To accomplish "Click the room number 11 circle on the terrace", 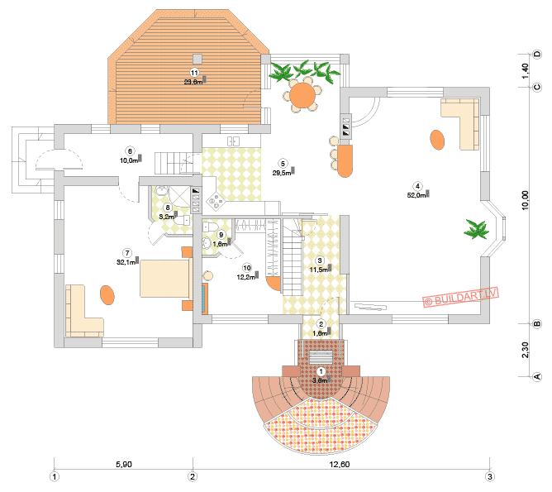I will pyautogui.click(x=193, y=73).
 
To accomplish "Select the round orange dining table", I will pyautogui.click(x=303, y=96).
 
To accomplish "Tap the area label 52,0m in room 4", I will pyautogui.click(x=417, y=195).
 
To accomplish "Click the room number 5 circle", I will pyautogui.click(x=283, y=163).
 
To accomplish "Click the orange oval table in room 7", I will pyautogui.click(x=107, y=294).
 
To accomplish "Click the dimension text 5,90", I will pyautogui.click(x=122, y=465).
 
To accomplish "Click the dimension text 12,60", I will pyautogui.click(x=340, y=465).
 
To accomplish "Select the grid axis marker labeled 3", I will pyautogui.click(x=490, y=476).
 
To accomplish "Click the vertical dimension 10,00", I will pyautogui.click(x=526, y=201).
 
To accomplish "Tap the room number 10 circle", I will pyautogui.click(x=246, y=268).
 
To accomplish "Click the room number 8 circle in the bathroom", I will pyautogui.click(x=167, y=208).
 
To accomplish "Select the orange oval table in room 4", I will pyautogui.click(x=435, y=139).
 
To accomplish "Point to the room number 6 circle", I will pyautogui.click(x=129, y=150).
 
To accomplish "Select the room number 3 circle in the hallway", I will pyautogui.click(x=320, y=260).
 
